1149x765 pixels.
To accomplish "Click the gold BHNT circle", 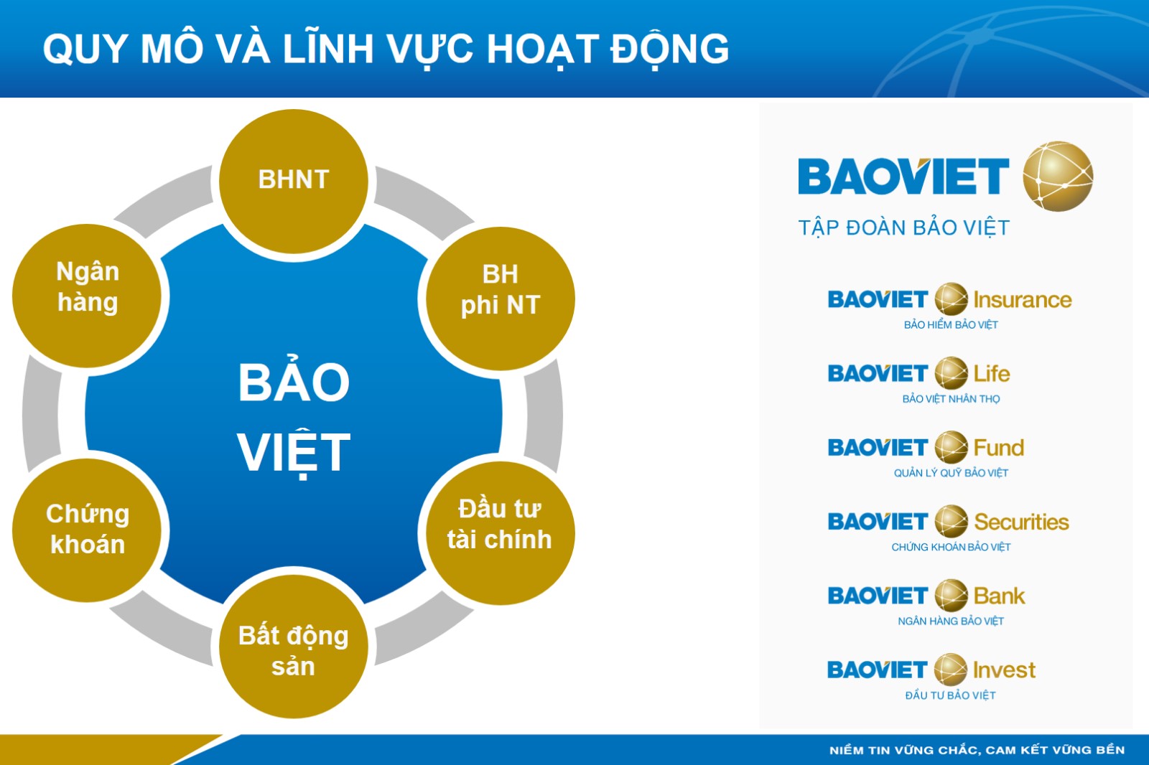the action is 294,182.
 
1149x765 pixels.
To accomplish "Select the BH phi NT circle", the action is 500,299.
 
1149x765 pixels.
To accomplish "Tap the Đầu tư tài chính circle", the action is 500,533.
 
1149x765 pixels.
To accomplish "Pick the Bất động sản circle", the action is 294,647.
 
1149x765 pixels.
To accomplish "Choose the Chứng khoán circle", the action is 87,530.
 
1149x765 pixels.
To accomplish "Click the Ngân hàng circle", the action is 87,296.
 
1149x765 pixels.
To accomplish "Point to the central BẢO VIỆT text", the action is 294,416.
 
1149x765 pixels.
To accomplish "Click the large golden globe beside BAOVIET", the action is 1058,176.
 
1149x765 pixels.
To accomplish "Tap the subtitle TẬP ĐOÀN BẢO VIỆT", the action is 904,227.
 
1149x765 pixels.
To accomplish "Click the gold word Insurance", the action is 1023,300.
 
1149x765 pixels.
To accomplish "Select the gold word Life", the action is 992,374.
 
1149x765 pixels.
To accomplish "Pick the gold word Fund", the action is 999,448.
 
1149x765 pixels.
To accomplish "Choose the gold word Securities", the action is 1021,522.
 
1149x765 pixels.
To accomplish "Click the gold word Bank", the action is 999,596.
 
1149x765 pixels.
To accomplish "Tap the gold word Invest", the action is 1005,670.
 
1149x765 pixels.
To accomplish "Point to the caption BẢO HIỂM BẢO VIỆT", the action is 951,324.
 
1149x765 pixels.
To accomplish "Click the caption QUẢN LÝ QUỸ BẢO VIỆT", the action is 951,473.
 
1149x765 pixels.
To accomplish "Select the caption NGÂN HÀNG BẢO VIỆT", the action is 951,621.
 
